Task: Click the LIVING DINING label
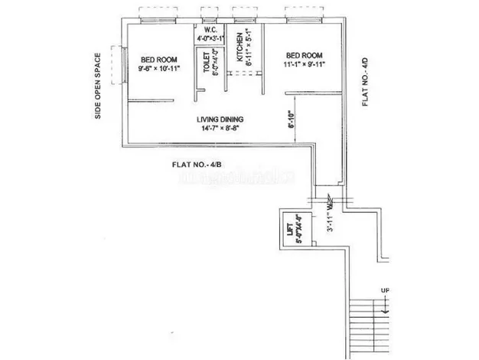tap(219, 119)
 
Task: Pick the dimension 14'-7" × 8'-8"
tap(219, 129)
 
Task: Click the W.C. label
tap(210, 29)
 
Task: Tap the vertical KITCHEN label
tap(239, 48)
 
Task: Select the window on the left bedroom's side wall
tap(119, 64)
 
